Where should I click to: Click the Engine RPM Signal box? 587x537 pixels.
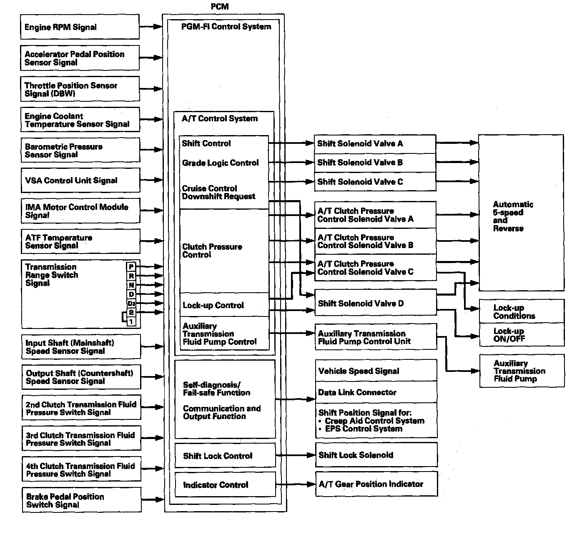(80, 27)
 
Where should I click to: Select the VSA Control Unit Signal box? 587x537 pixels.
(80, 181)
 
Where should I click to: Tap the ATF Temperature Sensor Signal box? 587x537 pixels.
(80, 241)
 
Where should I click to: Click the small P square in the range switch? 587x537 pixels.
(131, 267)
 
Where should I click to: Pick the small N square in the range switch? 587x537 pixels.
(131, 285)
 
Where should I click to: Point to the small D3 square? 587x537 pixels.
(131, 304)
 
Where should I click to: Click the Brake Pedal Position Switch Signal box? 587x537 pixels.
(81, 500)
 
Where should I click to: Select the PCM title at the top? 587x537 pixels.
(220, 7)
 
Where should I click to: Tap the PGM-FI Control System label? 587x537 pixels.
(226, 27)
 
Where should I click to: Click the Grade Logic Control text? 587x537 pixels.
(220, 163)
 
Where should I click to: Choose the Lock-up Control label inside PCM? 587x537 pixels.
(213, 305)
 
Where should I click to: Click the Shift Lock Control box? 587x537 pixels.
(225, 456)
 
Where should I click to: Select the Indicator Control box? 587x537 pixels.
(225, 484)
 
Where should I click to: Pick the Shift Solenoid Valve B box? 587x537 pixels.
(375, 163)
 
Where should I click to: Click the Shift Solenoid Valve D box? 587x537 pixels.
(375, 303)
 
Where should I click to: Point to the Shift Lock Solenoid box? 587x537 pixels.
(376, 455)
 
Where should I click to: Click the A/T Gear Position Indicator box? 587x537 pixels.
(376, 484)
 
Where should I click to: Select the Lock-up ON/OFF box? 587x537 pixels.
(521, 335)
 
